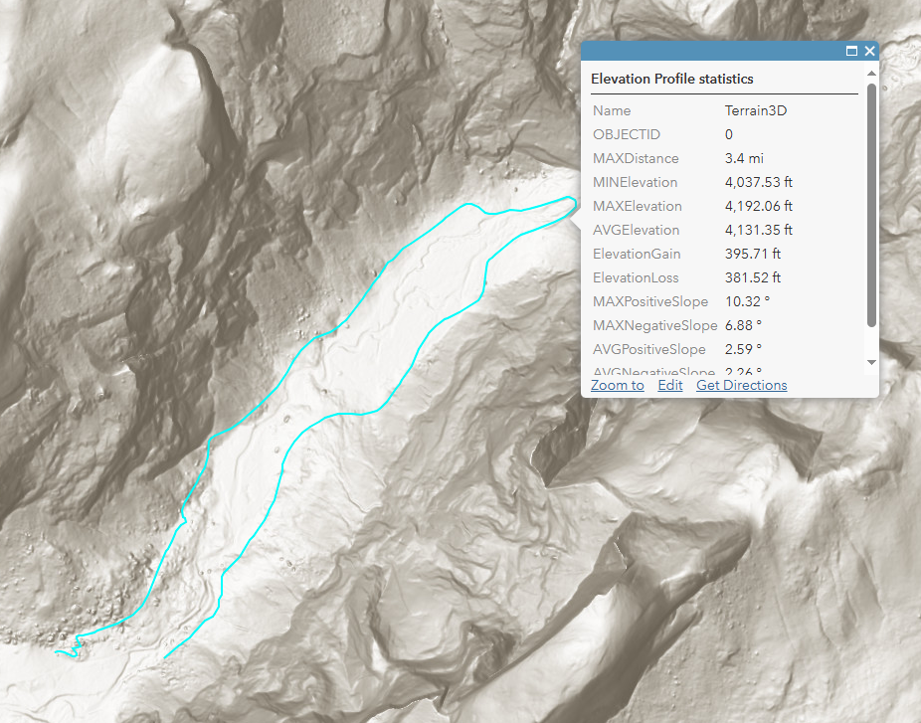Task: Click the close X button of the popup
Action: click(x=870, y=51)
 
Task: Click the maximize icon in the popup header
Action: click(x=852, y=51)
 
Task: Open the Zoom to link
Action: click(x=617, y=385)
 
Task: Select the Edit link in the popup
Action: click(x=670, y=385)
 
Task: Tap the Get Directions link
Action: click(x=741, y=385)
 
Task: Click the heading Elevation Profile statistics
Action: click(x=672, y=79)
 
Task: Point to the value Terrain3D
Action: click(x=756, y=110)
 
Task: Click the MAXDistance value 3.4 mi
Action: click(x=744, y=158)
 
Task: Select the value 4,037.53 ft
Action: click(x=759, y=182)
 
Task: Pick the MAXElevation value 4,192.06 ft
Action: click(x=759, y=206)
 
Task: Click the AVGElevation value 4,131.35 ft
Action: click(x=759, y=230)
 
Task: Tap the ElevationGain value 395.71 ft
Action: click(x=753, y=254)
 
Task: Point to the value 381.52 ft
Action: click(x=753, y=277)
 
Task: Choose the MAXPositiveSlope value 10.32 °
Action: click(x=746, y=301)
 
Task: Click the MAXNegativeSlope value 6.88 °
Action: click(x=743, y=325)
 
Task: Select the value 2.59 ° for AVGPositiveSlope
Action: click(x=743, y=349)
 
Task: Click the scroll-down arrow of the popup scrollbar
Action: click(x=872, y=362)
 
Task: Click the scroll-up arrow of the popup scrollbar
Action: click(x=872, y=74)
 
